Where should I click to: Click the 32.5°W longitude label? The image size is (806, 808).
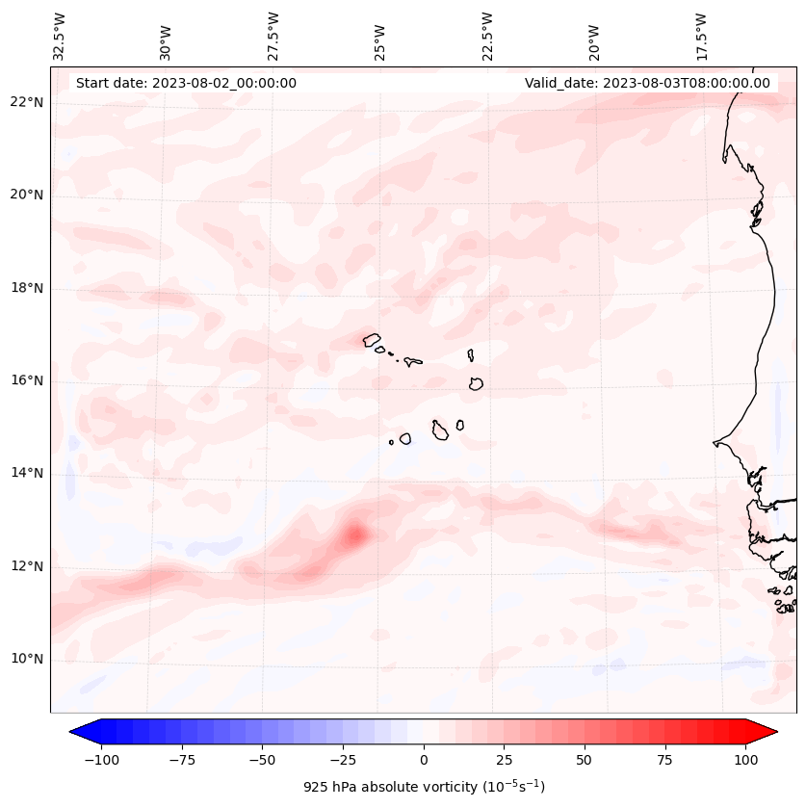coord(61,36)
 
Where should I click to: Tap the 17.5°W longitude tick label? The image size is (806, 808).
coord(701,36)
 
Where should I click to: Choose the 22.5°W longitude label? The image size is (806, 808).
coord(487,36)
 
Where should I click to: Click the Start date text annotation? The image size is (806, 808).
coord(186,83)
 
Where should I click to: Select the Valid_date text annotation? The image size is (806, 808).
coord(647,83)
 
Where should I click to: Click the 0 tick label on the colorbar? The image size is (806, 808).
coord(424,759)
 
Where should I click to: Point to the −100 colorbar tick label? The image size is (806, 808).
coord(99,759)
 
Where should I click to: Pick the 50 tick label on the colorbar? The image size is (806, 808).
coord(585,759)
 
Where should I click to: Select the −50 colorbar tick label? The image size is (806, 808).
coord(261,759)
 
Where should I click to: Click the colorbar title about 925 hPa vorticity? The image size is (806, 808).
coord(424,787)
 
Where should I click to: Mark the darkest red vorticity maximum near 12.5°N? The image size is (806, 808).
coord(355,534)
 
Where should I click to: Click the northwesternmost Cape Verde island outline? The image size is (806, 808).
coord(372,340)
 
